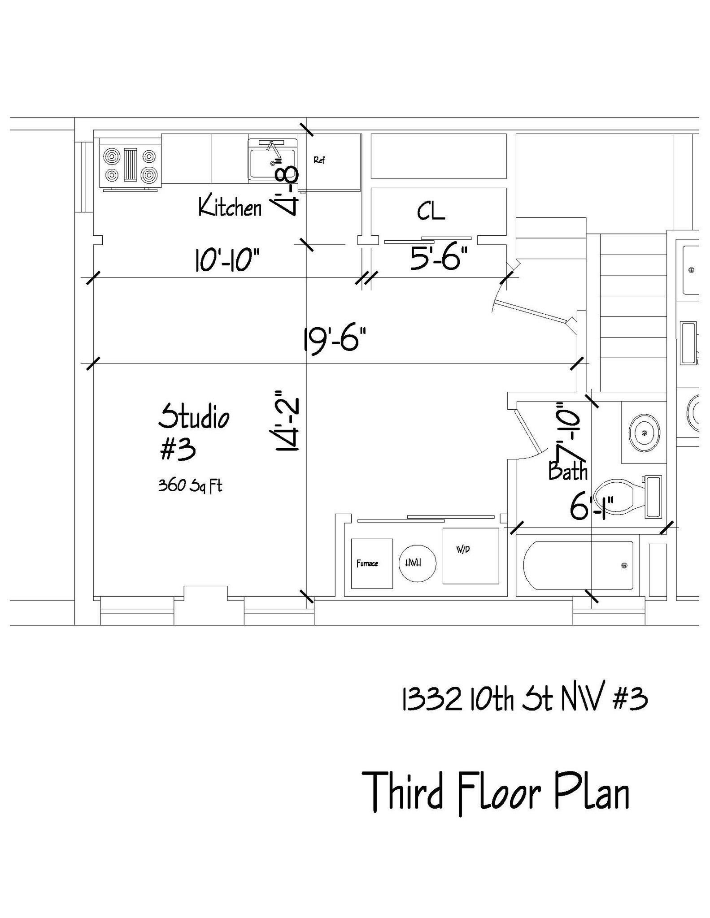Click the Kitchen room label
point(230,208)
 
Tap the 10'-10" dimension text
point(227,260)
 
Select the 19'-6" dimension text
point(335,340)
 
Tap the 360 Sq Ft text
point(190,485)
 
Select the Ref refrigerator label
point(319,160)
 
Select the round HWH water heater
point(417,563)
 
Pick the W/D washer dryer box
point(470,556)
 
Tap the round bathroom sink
point(644,433)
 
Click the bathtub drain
point(624,566)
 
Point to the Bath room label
point(568,472)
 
